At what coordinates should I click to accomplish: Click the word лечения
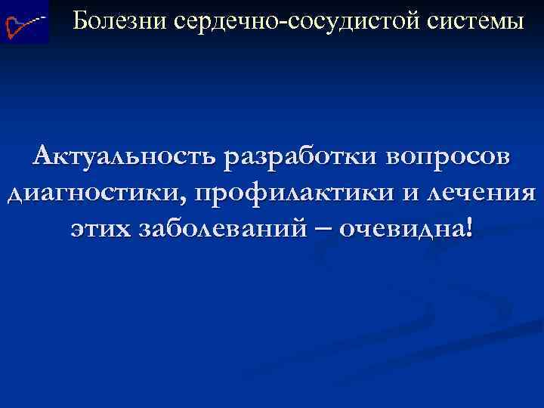(x=481, y=192)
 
